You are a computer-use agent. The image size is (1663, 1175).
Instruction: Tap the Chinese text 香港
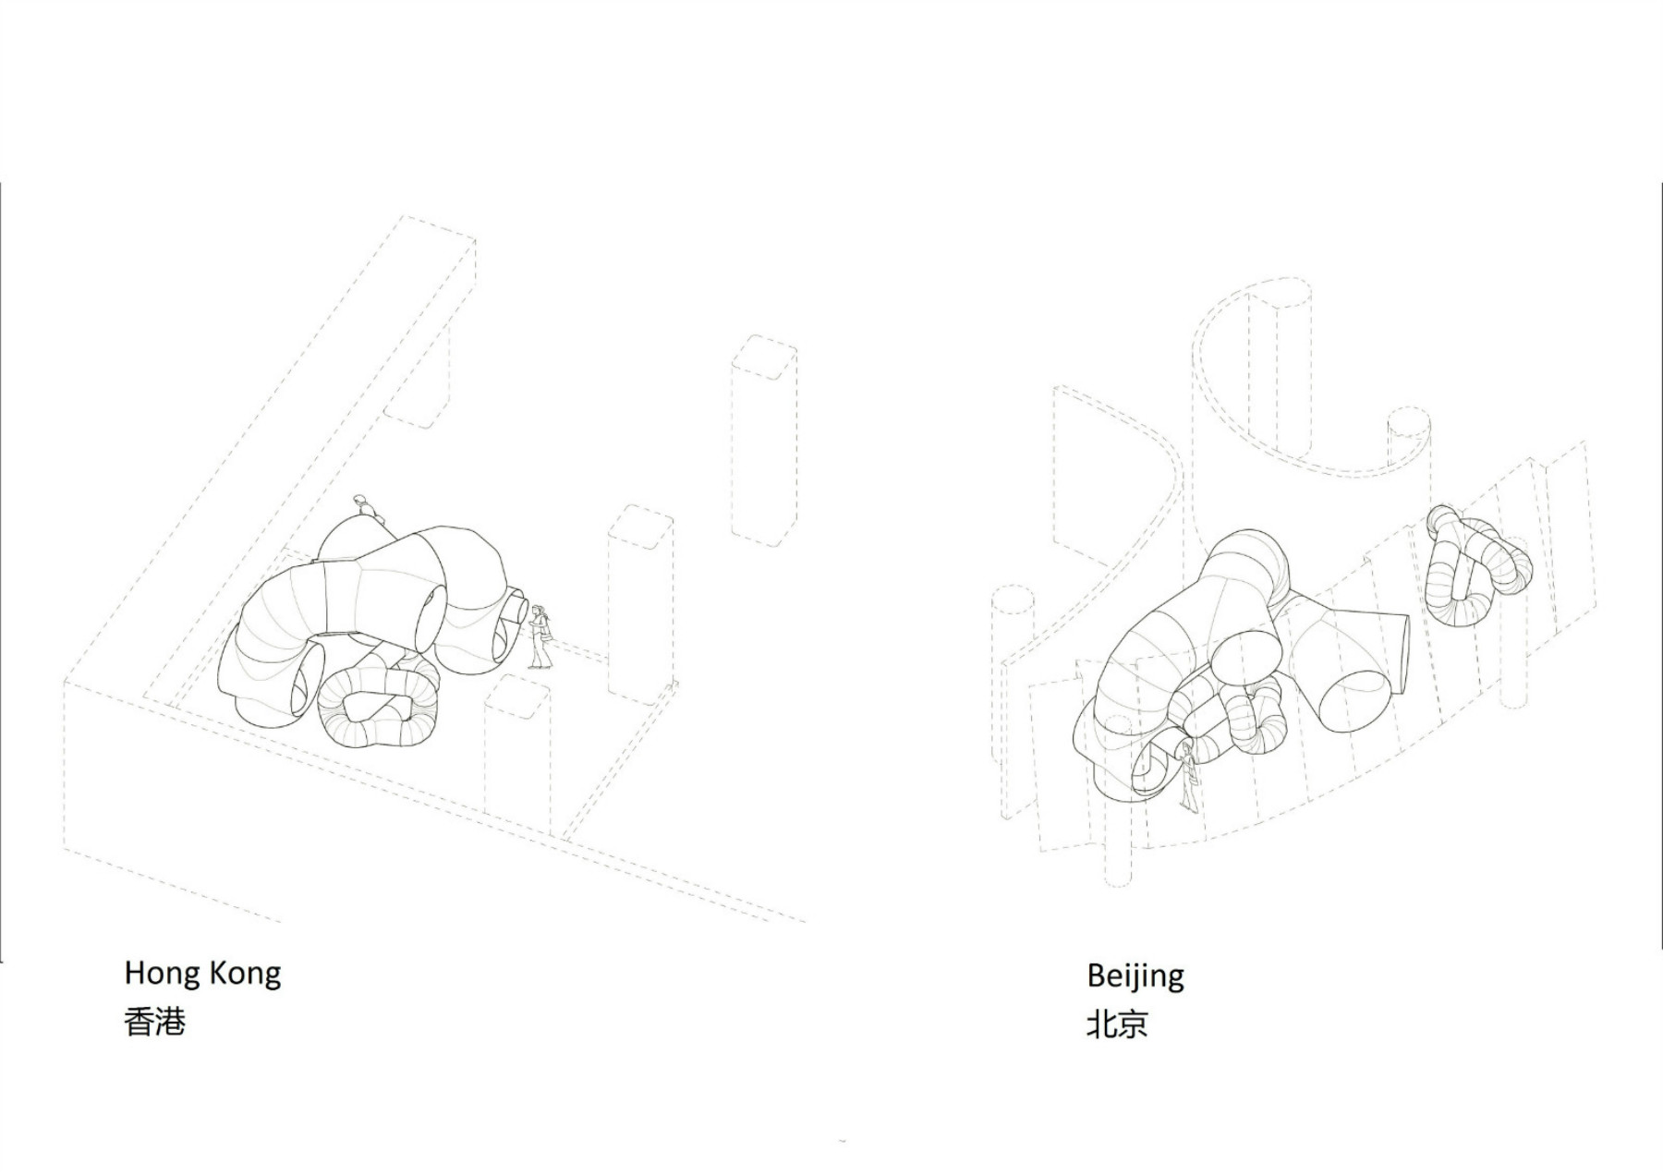[x=155, y=1022]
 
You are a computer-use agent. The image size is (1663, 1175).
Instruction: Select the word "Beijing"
[x=1135, y=976]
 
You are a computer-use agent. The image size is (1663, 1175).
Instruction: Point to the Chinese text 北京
[x=1117, y=1024]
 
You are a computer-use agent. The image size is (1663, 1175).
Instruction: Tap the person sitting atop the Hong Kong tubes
[x=367, y=509]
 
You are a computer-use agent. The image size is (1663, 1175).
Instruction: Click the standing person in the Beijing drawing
[x=1189, y=776]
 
